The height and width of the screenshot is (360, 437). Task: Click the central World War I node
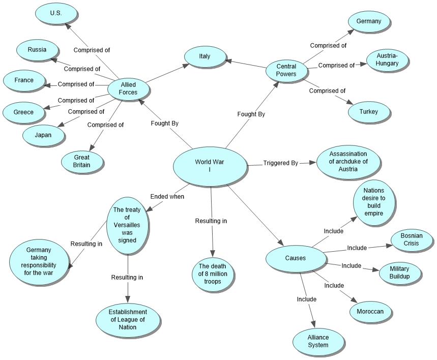pyautogui.click(x=210, y=166)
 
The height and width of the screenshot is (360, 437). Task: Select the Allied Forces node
pyautogui.click(x=128, y=88)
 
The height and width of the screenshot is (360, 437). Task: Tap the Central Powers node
pyautogui.click(x=286, y=70)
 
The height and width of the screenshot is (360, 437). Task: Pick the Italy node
pyautogui.click(x=205, y=56)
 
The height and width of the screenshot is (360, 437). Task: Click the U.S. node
pyautogui.click(x=56, y=14)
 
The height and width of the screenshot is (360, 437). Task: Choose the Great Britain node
pyautogui.click(x=81, y=161)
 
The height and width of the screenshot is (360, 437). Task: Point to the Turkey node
pyautogui.click(x=369, y=111)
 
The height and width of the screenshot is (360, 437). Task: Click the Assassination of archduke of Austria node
pyautogui.click(x=348, y=162)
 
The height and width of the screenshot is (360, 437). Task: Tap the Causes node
pyautogui.click(x=296, y=258)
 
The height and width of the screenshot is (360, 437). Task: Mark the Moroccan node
pyautogui.click(x=370, y=311)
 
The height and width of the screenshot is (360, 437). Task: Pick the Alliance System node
pyautogui.click(x=318, y=341)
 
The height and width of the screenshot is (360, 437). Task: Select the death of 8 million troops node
pyautogui.click(x=212, y=271)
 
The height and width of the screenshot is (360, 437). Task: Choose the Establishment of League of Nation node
pyautogui.click(x=128, y=320)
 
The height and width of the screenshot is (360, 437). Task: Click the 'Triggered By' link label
pyautogui.click(x=280, y=163)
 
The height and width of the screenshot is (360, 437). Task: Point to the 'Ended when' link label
pyautogui.click(x=167, y=196)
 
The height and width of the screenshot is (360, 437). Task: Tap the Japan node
pyautogui.click(x=43, y=135)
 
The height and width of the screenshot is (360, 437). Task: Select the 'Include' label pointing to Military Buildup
pyautogui.click(x=351, y=265)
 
